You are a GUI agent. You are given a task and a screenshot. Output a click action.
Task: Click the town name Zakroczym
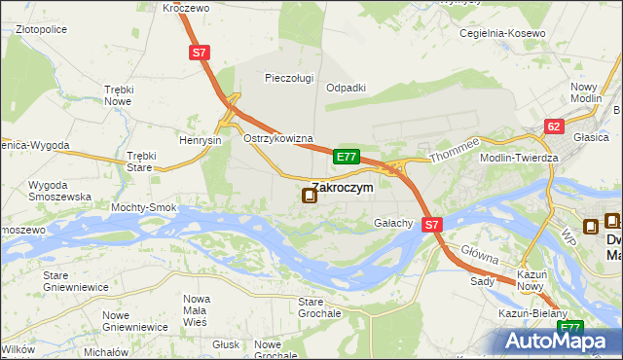342,188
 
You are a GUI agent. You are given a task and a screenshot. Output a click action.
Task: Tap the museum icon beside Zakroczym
310,197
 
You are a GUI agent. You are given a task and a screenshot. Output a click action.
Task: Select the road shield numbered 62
554,126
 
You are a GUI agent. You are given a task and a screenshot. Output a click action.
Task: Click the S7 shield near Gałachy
433,224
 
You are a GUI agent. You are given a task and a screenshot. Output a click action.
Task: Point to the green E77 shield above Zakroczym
347,156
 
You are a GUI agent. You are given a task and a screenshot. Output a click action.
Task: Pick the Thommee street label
449,149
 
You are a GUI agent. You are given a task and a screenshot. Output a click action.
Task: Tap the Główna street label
480,256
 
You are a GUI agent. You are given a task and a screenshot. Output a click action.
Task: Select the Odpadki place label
346,87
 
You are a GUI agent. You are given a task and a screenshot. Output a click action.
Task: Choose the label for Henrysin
201,140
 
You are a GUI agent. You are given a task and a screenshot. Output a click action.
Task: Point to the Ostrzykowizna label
277,138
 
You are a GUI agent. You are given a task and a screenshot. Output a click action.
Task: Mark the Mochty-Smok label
143,207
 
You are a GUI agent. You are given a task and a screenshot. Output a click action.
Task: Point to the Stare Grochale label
319,308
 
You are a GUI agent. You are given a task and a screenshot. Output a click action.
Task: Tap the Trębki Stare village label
141,161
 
